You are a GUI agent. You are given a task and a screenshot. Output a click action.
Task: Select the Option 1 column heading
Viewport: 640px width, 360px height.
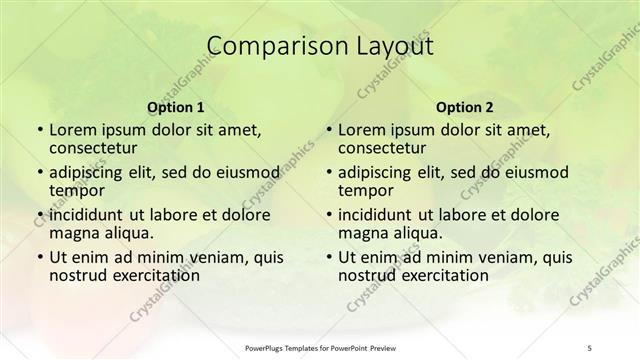coord(175,107)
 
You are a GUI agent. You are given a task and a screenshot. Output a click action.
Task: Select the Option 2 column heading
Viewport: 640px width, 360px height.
coord(464,107)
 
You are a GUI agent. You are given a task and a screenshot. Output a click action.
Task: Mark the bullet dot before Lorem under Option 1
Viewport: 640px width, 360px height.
coord(39,130)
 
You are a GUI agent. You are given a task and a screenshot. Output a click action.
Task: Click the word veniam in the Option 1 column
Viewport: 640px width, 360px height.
coord(207,257)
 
